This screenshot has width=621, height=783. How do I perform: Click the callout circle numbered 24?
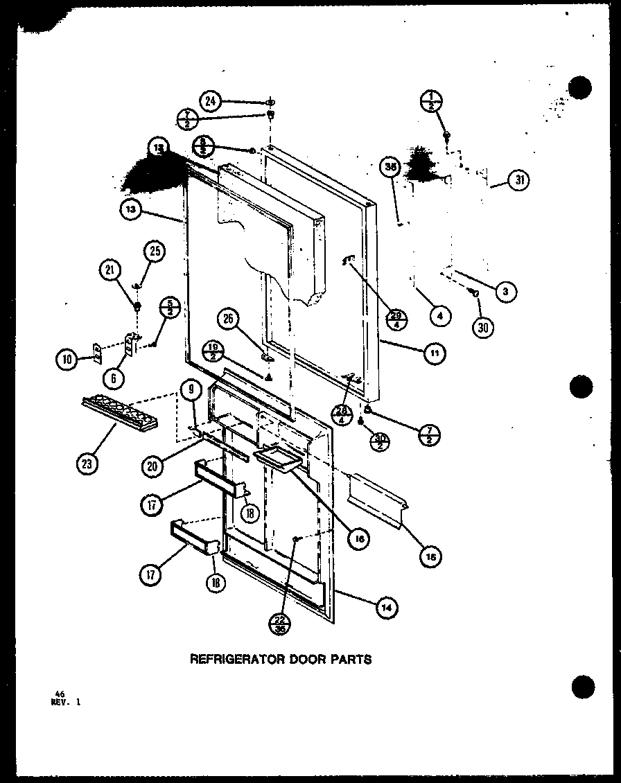pos(211,101)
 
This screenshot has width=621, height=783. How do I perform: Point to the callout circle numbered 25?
pos(155,252)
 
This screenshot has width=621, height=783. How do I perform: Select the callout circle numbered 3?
pos(505,292)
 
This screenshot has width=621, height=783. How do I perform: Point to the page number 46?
pos(53,693)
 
